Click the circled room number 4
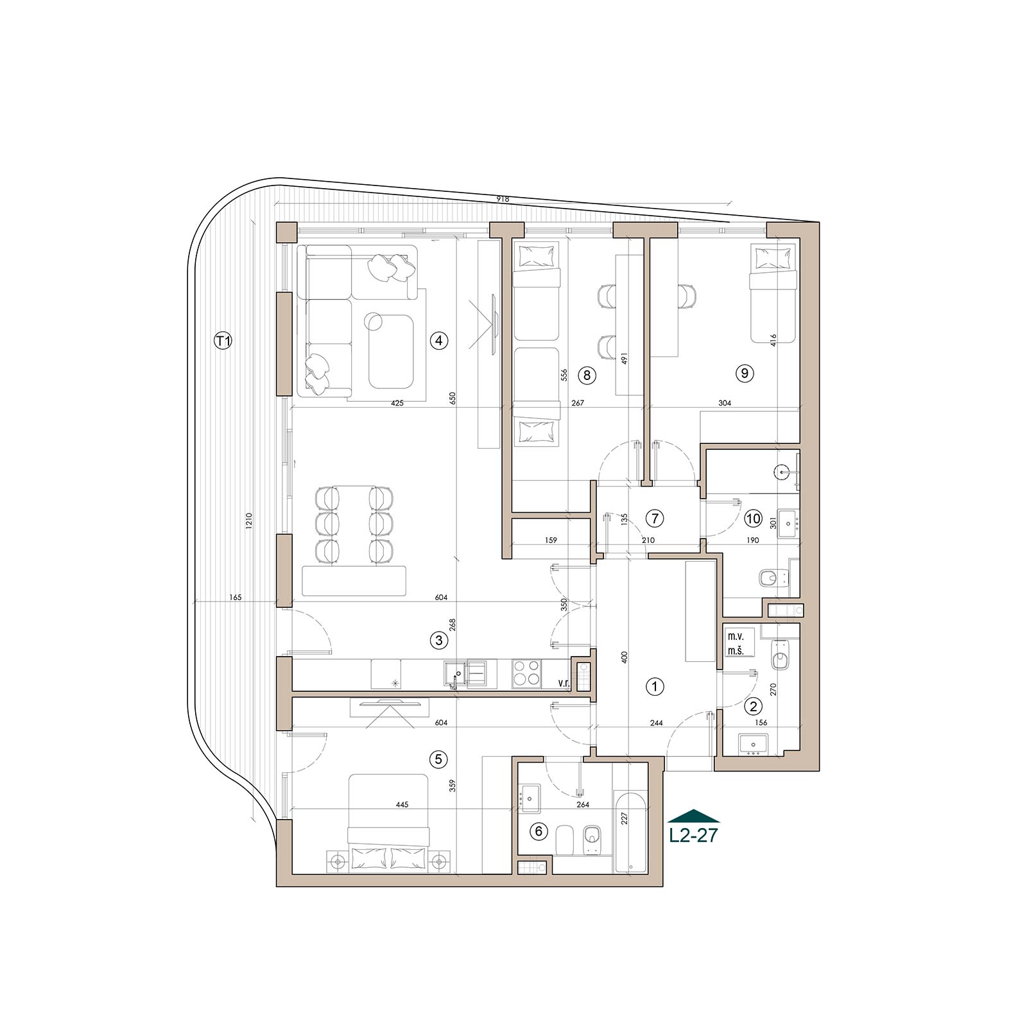coord(439,340)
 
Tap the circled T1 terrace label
coord(223,341)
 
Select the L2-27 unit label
coord(694,836)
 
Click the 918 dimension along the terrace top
coord(503,199)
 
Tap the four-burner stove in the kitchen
coord(526,674)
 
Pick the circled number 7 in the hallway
coord(654,517)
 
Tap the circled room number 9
coord(745,373)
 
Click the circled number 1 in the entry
coord(655,687)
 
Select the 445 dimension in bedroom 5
coord(402,805)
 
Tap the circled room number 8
coord(587,374)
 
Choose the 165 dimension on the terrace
coord(235,598)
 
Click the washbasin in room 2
coord(751,744)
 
